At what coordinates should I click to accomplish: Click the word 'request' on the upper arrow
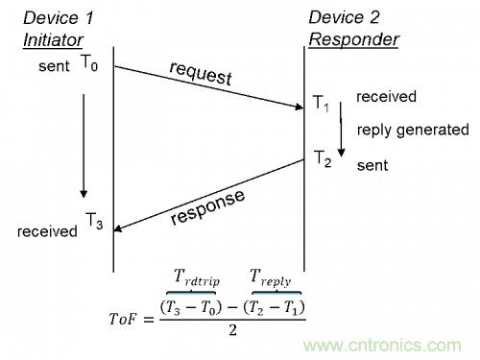(201, 73)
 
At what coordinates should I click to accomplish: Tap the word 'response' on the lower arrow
(207, 207)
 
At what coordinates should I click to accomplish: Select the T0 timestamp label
(89, 62)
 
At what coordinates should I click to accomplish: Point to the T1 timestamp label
(321, 104)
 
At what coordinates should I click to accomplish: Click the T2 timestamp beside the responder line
(323, 158)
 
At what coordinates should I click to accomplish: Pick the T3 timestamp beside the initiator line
(94, 221)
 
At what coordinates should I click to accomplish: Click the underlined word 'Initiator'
(53, 40)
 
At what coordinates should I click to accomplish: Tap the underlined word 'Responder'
(353, 39)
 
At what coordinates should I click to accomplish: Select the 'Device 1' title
(58, 18)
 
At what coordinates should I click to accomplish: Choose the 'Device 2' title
(344, 17)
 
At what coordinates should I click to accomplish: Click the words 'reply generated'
(413, 131)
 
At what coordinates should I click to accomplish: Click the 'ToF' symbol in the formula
(123, 319)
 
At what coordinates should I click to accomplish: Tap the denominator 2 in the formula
(232, 330)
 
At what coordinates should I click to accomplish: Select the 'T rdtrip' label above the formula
(197, 277)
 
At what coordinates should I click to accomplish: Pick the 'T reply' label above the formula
(271, 277)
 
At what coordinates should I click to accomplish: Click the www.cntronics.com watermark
(382, 346)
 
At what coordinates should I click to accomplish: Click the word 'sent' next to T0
(54, 66)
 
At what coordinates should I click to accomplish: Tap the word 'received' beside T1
(386, 97)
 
